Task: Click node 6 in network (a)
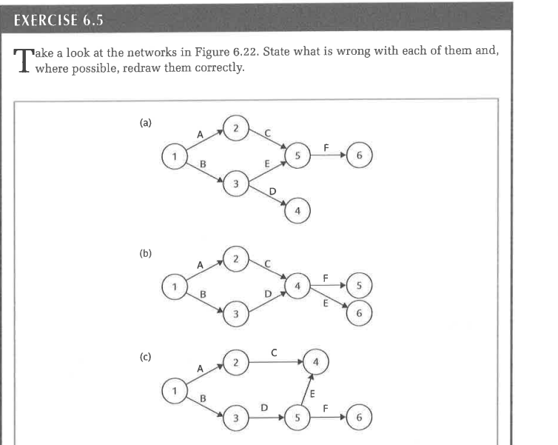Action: (359, 157)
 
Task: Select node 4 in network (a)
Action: (298, 211)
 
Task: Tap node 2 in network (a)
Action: (235, 129)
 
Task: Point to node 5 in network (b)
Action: (359, 285)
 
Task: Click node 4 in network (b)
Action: (298, 285)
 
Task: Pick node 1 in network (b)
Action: (174, 285)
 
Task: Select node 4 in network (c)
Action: (315, 362)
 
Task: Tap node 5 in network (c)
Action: (298, 418)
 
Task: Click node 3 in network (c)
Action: (235, 418)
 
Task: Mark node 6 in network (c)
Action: (359, 418)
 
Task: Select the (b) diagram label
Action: (146, 252)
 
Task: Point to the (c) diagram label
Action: (146, 355)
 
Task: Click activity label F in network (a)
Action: (326, 148)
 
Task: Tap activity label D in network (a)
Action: (272, 191)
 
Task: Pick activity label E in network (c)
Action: (312, 393)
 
